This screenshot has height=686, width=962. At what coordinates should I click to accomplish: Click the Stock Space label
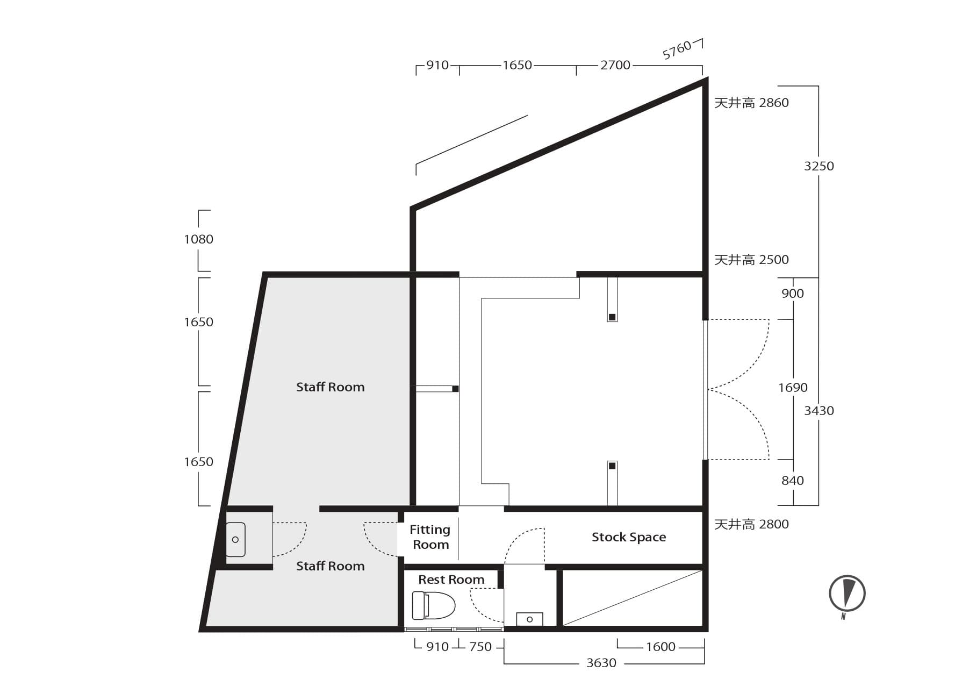pos(629,537)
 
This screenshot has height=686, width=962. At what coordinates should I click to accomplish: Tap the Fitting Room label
pos(430,537)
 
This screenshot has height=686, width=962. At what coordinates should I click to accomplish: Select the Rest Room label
pos(451,580)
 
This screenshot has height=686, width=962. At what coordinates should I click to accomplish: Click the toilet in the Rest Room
pos(433,605)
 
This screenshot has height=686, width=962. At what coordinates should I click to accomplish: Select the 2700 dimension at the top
pos(615,65)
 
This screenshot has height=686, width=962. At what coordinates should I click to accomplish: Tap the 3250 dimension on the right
pos(819,166)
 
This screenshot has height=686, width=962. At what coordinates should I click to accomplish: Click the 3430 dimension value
pos(819,411)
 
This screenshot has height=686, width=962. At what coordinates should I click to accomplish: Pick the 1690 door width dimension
pos(793,388)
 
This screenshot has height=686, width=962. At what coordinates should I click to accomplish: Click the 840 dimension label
pos(793,481)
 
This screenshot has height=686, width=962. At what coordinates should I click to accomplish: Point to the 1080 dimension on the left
pos(199,239)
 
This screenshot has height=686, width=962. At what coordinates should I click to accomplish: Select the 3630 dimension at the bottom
pos(601,663)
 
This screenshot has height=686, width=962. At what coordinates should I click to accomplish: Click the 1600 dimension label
pos(661,647)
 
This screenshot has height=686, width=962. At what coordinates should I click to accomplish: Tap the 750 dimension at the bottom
pos(480,647)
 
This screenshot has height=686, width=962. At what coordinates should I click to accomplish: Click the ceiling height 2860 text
pos(751,103)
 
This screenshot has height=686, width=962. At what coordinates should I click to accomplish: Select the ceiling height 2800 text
pos(751,524)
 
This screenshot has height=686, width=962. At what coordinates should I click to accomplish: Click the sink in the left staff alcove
pos(235,539)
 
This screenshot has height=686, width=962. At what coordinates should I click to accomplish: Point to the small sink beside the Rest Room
pos(529,619)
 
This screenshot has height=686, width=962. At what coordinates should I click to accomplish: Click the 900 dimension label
pos(793,294)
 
